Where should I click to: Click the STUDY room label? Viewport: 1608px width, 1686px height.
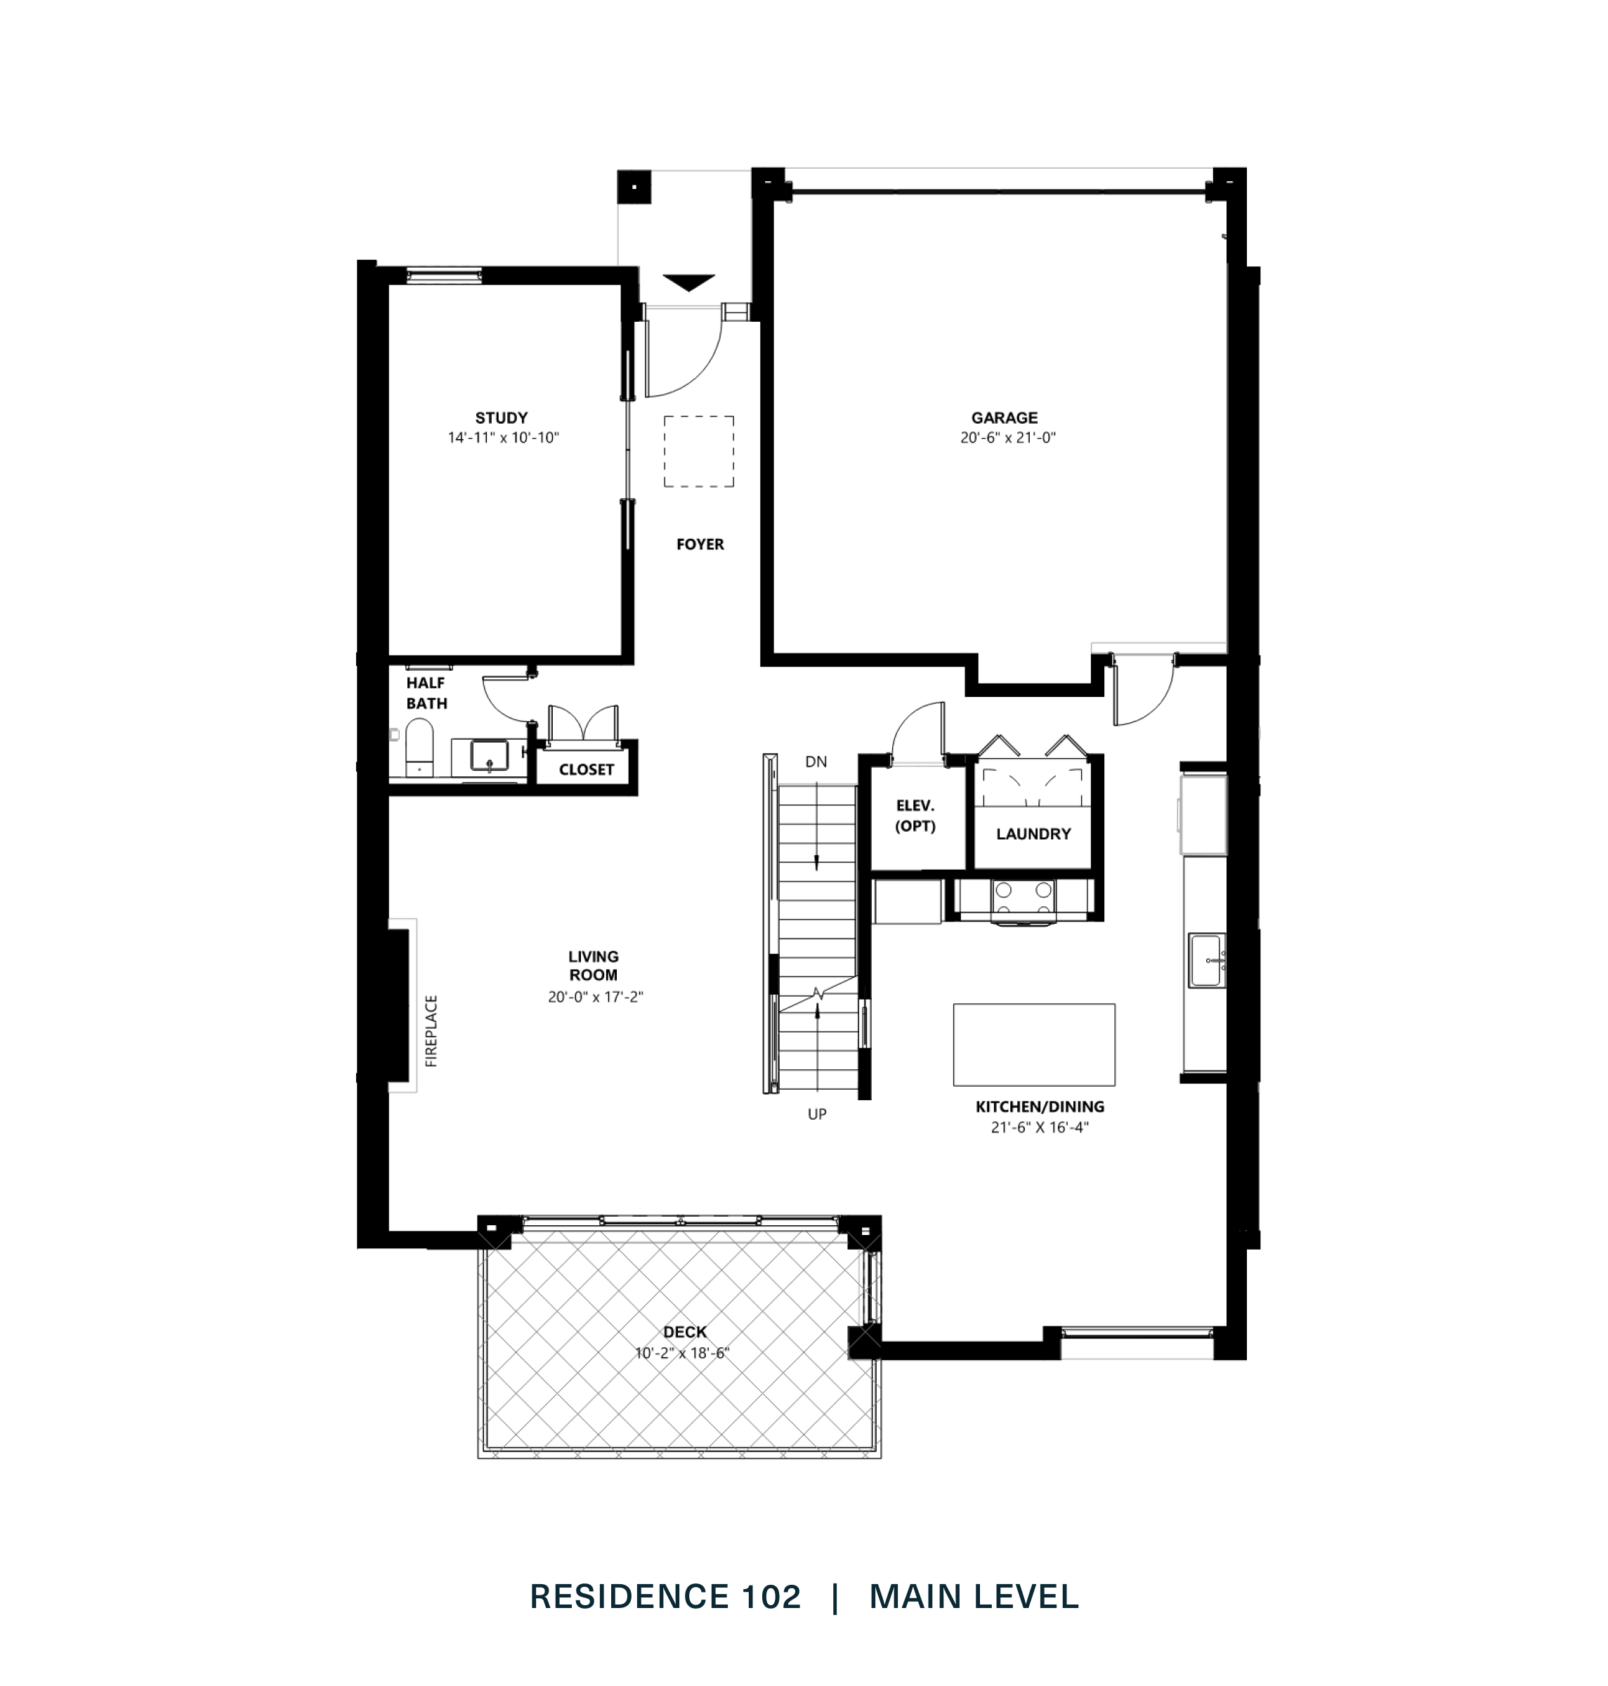click(x=502, y=418)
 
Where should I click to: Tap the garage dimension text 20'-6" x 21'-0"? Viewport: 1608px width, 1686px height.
click(x=1007, y=437)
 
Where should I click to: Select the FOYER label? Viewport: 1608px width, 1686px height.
click(x=700, y=544)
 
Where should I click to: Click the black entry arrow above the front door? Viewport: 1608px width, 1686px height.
click(x=689, y=282)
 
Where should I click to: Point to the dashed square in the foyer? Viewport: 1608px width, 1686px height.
click(x=698, y=452)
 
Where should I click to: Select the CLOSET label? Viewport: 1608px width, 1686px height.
click(x=587, y=770)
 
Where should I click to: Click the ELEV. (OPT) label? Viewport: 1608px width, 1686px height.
click(x=915, y=816)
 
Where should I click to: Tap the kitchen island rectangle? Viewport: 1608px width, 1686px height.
click(x=1034, y=1044)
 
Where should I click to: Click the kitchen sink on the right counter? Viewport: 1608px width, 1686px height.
click(x=1206, y=961)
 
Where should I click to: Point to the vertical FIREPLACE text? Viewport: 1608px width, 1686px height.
click(x=431, y=1031)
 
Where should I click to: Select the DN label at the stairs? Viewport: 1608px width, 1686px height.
click(x=816, y=762)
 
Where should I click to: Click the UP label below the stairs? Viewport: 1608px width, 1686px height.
click(x=817, y=1114)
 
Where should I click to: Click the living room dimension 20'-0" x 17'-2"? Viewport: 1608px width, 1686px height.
click(x=595, y=997)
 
